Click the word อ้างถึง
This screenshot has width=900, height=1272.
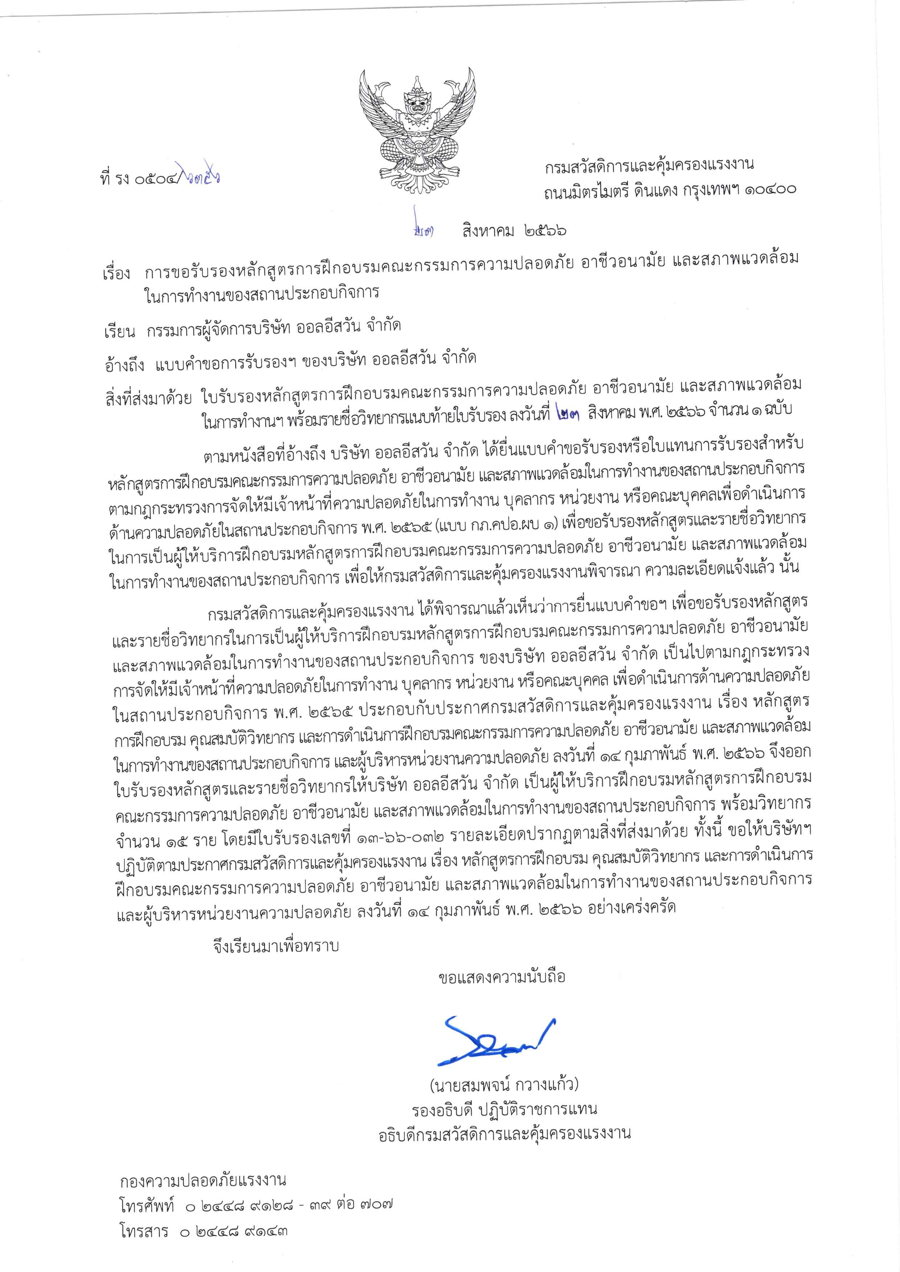point(124,360)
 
